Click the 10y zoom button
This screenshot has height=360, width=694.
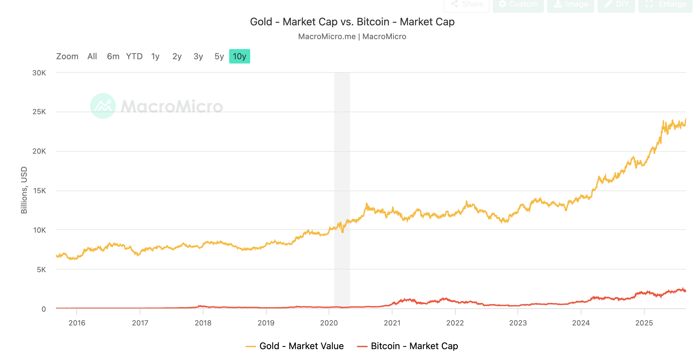[x=239, y=57]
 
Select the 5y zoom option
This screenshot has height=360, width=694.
[x=219, y=57]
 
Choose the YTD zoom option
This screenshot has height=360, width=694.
[x=134, y=57]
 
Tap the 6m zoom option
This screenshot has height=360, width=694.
[x=113, y=57]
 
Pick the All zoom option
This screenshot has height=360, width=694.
[x=92, y=57]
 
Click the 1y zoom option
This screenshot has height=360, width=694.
[x=155, y=57]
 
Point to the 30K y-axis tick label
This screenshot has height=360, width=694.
[x=39, y=73]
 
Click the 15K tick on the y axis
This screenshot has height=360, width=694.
[x=40, y=191]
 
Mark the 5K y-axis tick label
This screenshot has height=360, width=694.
[x=41, y=270]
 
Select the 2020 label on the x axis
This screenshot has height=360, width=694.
[x=329, y=323]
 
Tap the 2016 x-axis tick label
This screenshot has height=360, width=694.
[x=77, y=323]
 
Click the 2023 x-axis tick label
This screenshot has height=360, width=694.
[x=518, y=323]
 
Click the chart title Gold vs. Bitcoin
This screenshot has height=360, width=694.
[x=352, y=22]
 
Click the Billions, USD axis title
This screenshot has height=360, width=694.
[x=24, y=190]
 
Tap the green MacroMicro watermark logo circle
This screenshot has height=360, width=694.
[x=103, y=106]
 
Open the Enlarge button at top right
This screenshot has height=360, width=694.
[x=666, y=5]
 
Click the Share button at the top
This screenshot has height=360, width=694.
[x=467, y=5]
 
